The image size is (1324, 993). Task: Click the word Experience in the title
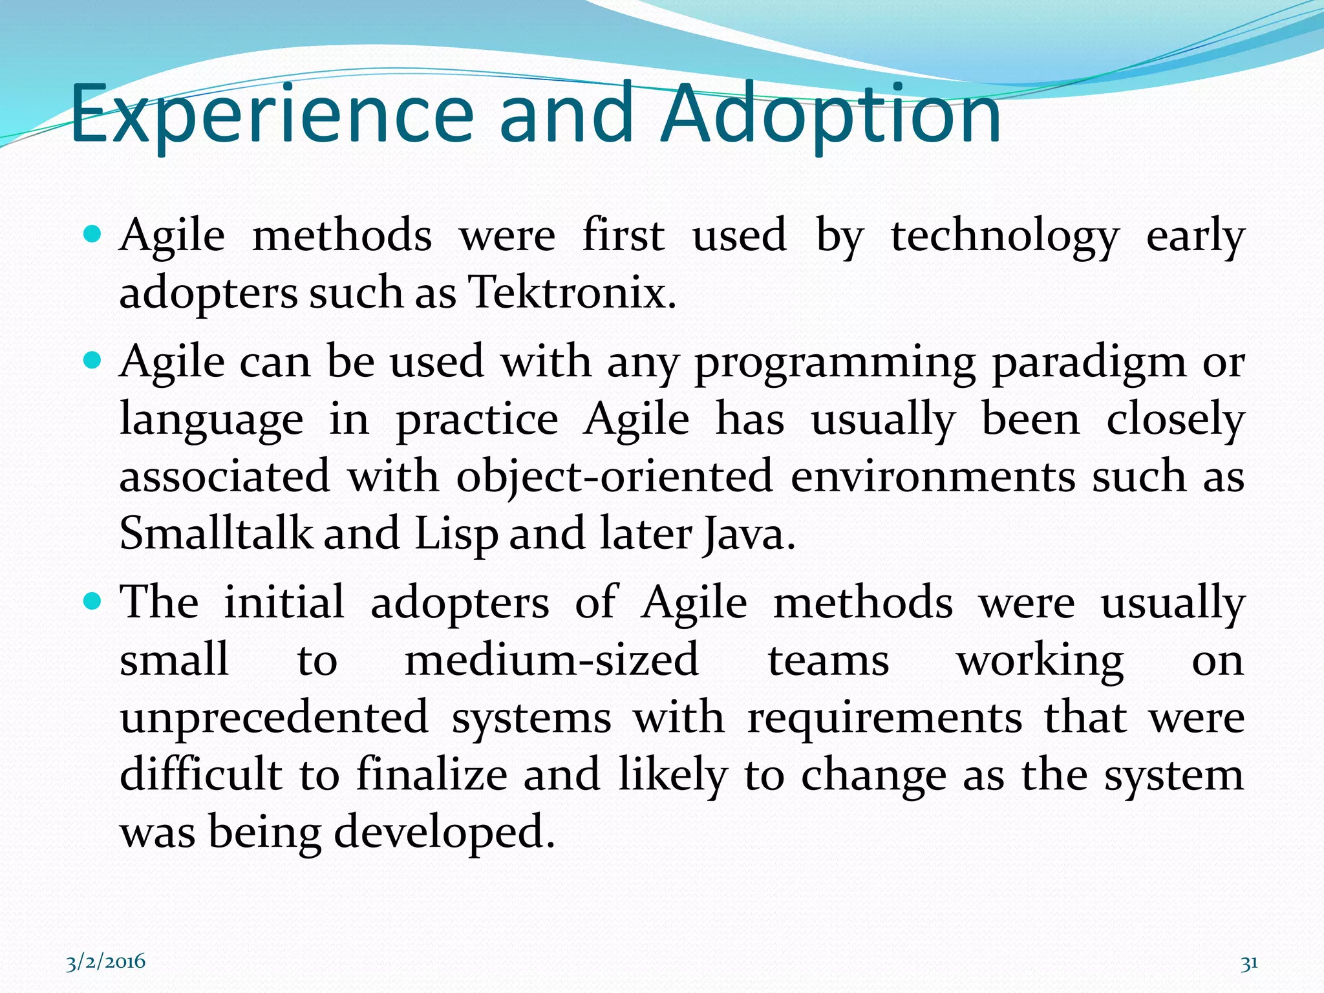[x=272, y=114]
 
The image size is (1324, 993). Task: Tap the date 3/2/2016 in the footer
[x=106, y=962]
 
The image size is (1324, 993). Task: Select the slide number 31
[x=1249, y=963]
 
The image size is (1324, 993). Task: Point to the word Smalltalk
[x=216, y=534]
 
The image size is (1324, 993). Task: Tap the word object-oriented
[x=614, y=477]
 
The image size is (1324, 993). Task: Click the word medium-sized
[x=551, y=661]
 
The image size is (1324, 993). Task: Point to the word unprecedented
[x=274, y=718]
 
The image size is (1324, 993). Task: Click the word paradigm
[x=1089, y=362]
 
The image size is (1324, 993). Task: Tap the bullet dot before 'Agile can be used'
[x=93, y=359]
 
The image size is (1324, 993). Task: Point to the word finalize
[x=432, y=774]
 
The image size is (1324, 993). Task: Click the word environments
[x=933, y=477]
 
